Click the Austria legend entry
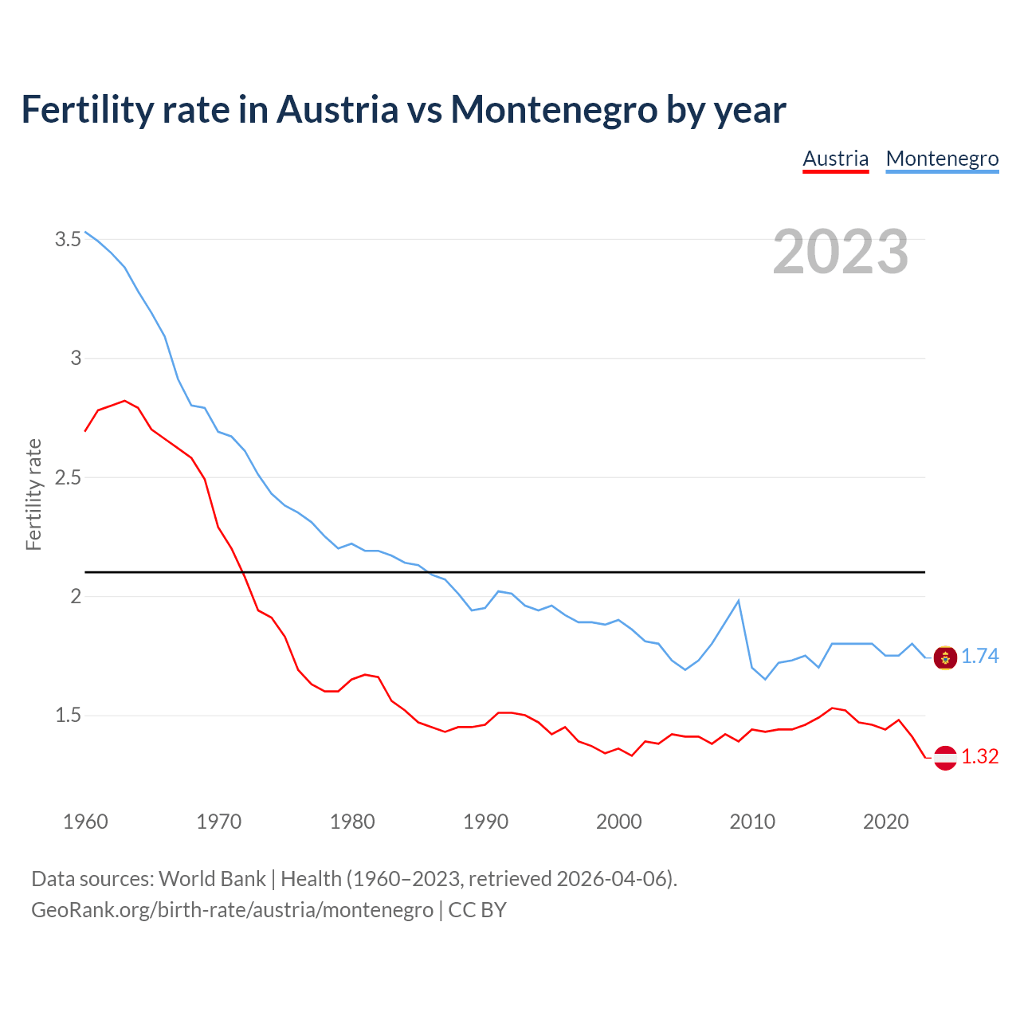pyautogui.click(x=835, y=159)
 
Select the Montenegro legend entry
pyautogui.click(x=942, y=159)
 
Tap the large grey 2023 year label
pyautogui.click(x=840, y=252)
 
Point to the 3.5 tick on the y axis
pyautogui.click(x=68, y=239)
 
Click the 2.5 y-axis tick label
pyautogui.click(x=68, y=477)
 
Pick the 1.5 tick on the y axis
pyautogui.click(x=68, y=716)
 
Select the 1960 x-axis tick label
pyautogui.click(x=85, y=822)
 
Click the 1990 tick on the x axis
pyautogui.click(x=485, y=822)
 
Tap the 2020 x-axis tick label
pyautogui.click(x=885, y=822)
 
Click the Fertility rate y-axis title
pyautogui.click(x=33, y=494)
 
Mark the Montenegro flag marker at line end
pyautogui.click(x=945, y=657)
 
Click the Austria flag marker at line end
pyautogui.click(x=945, y=757)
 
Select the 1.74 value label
pyautogui.click(x=979, y=657)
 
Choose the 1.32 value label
pyautogui.click(x=979, y=757)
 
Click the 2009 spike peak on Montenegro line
pyautogui.click(x=739, y=601)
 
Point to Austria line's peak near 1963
pyautogui.click(x=125, y=401)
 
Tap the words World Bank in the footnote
pyautogui.click(x=212, y=879)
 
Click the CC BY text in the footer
pyautogui.click(x=477, y=910)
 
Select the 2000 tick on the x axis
pyautogui.click(x=618, y=822)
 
